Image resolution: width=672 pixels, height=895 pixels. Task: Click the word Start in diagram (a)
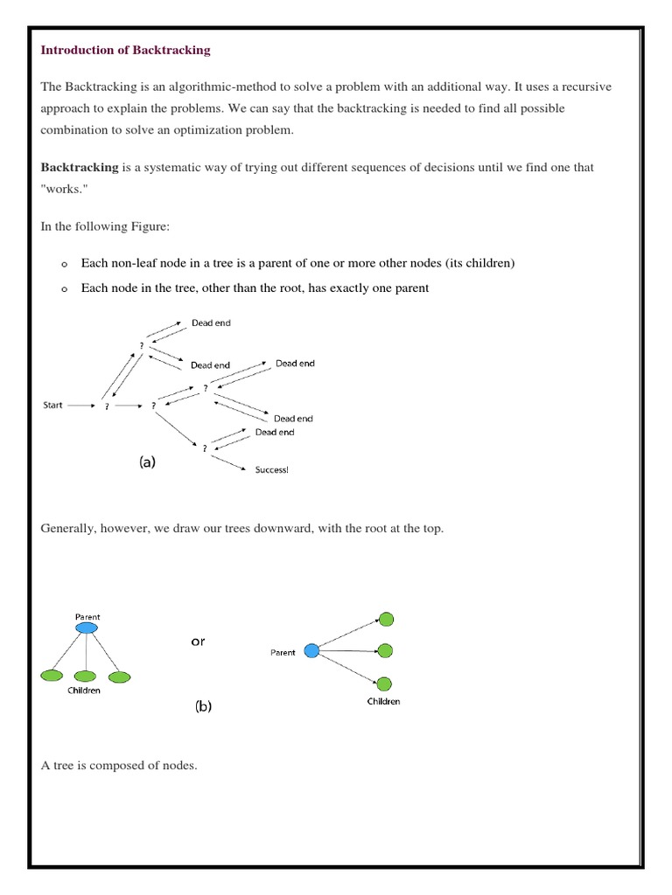pos(52,406)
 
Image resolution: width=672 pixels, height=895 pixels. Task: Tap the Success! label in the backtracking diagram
pos(270,470)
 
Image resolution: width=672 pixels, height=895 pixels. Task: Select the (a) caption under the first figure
pos(147,463)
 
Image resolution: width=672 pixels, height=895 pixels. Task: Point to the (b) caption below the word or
pos(203,708)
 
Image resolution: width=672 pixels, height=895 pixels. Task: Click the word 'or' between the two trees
pos(198,642)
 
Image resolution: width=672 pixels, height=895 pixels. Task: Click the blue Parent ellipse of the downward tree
pos(87,628)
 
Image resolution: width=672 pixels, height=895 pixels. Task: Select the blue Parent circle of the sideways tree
pos(311,651)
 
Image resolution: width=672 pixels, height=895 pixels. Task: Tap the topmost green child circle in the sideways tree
pos(386,620)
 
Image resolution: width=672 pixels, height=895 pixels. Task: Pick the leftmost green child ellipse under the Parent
pos(52,676)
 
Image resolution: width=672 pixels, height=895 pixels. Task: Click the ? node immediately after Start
pos(107,406)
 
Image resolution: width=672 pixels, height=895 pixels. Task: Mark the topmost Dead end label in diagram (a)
pos(211,323)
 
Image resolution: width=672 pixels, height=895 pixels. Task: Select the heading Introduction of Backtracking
pos(126,50)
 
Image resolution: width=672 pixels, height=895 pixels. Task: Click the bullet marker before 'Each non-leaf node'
pos(64,264)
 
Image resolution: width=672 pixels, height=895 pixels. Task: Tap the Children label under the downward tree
pos(84,690)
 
